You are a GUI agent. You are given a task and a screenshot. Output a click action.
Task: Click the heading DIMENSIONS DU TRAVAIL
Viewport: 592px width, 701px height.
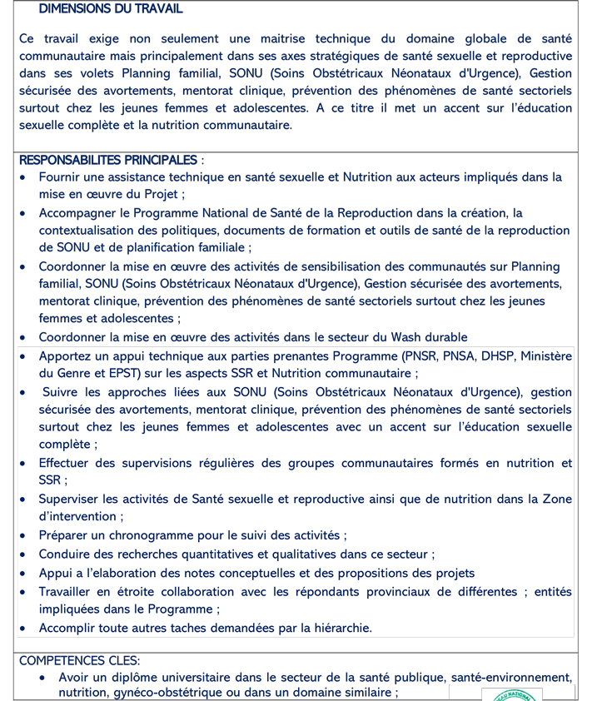111,9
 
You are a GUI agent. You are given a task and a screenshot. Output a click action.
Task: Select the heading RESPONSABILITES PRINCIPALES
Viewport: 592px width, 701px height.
108,160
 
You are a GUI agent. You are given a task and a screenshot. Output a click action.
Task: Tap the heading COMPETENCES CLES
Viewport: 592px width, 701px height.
79,660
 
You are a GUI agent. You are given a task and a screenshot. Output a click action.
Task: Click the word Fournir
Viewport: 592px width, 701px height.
61,177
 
